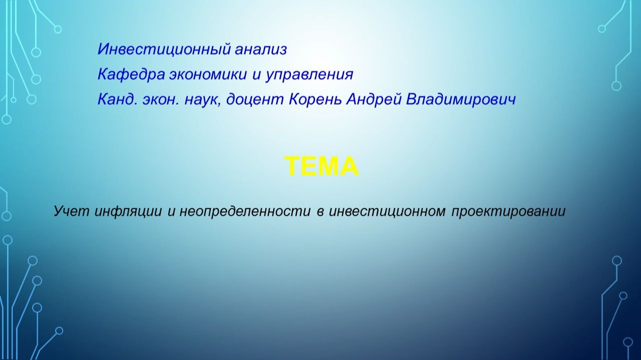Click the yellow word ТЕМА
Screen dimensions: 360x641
click(x=322, y=166)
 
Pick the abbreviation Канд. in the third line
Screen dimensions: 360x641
click(x=117, y=100)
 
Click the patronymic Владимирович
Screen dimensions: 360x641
click(x=461, y=100)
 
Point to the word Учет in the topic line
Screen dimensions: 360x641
click(x=72, y=211)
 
